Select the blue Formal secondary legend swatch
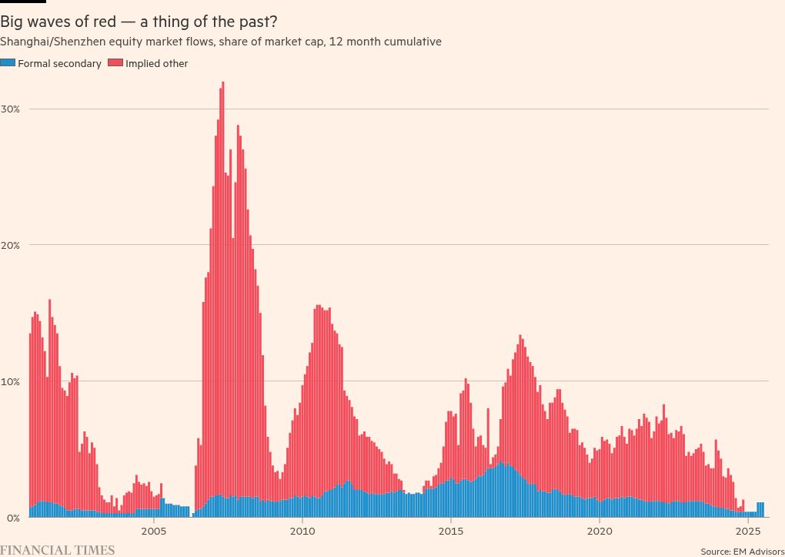click(x=7, y=64)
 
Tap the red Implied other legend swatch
click(x=115, y=64)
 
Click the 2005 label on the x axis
click(x=154, y=531)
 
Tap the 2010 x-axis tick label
click(x=302, y=531)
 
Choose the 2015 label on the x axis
click(x=451, y=531)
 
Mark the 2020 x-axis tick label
click(x=600, y=531)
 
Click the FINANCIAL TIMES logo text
click(x=58, y=550)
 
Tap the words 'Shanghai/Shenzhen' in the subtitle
click(x=45, y=42)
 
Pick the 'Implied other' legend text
click(x=156, y=64)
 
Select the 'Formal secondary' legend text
click(x=59, y=64)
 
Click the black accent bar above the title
click(x=22, y=2)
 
